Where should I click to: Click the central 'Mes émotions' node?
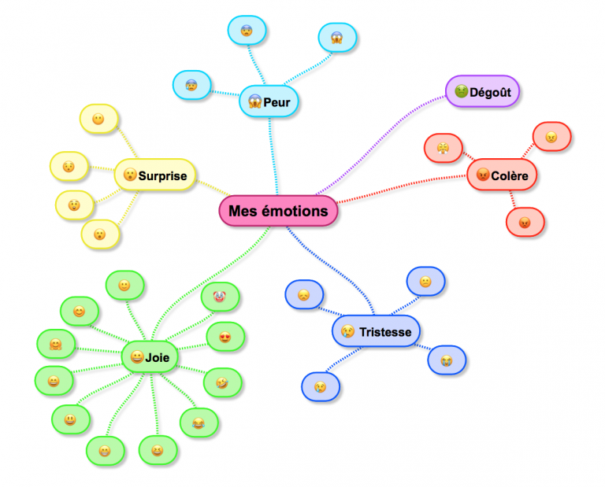pyautogui.click(x=277, y=211)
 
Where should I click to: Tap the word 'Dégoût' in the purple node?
pyautogui.click(x=490, y=92)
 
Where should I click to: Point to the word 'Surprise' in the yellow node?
pyautogui.click(x=162, y=175)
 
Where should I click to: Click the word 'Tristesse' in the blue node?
pyautogui.click(x=385, y=332)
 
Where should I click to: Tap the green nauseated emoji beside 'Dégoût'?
pyautogui.click(x=459, y=92)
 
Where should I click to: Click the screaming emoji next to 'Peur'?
pyautogui.click(x=254, y=101)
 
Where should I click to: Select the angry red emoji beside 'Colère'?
pyautogui.click(x=482, y=175)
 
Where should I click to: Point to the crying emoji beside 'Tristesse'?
pyautogui.click(x=347, y=332)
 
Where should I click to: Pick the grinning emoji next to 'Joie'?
pyautogui.click(x=136, y=357)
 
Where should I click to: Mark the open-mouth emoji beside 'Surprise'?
pyautogui.click(x=129, y=175)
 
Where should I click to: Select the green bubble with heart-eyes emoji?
pyautogui.click(x=225, y=338)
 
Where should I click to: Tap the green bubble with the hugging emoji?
pyautogui.click(x=56, y=344)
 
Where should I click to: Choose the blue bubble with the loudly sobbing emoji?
pyautogui.click(x=447, y=360)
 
